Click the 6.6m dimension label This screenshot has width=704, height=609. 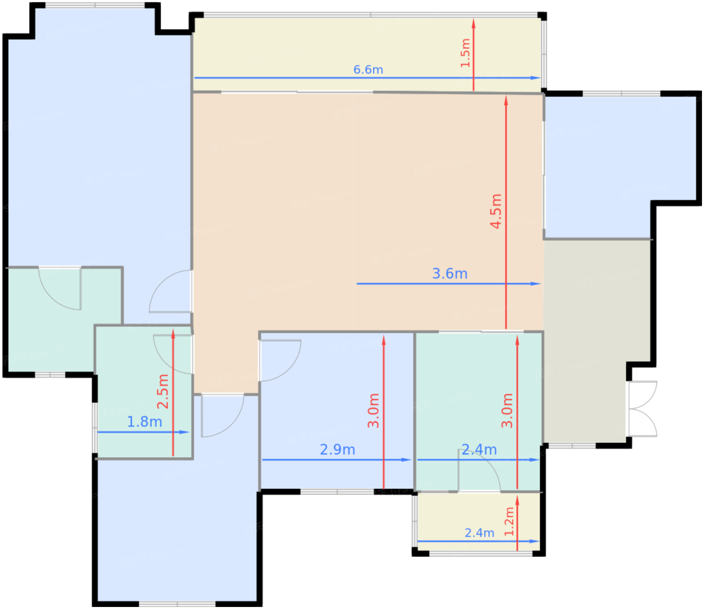pos(368,70)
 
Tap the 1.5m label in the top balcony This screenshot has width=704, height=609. pos(465,53)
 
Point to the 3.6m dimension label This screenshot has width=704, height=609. pos(450,274)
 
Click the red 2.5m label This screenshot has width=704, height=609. pos(163,391)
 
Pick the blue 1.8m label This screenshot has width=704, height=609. pos(144,422)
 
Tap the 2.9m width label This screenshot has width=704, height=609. pos(337,450)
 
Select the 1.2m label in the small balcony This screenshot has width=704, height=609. pos(509,521)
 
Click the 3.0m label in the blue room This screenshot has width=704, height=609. pos(373,410)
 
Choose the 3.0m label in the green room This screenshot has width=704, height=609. pos(507,410)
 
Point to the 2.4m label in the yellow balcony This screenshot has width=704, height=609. pos(479,533)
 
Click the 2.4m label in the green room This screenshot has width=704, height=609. pos(479,450)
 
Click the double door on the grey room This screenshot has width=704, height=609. pos(642,409)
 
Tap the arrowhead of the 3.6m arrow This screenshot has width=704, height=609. pos(536,284)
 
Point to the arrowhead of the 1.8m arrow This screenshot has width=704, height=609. pos(184,432)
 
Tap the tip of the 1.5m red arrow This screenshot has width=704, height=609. pos(473,19)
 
